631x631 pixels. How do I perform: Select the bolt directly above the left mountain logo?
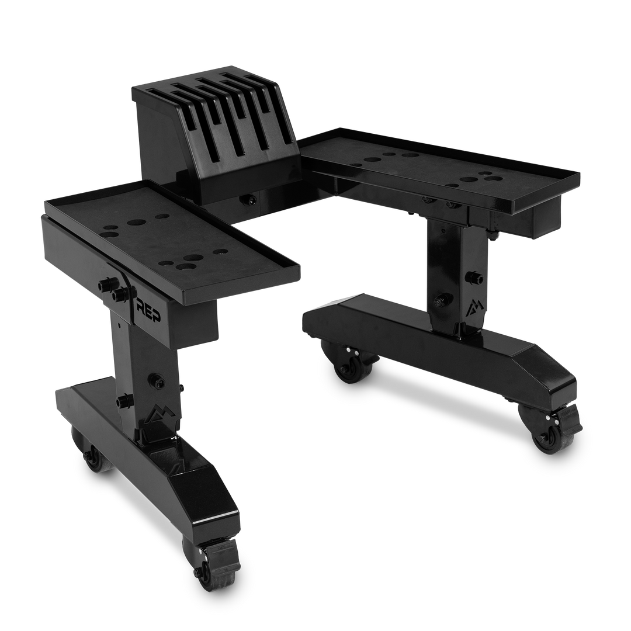157,380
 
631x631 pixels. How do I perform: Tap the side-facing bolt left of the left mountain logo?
124,400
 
